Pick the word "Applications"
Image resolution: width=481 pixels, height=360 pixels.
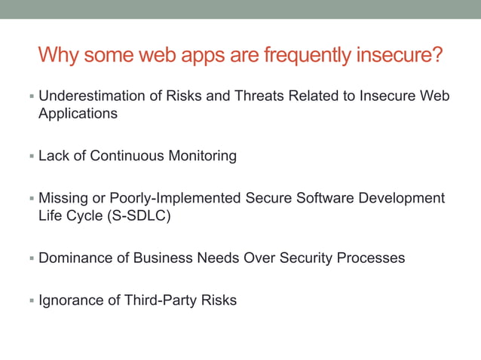[x=78, y=114]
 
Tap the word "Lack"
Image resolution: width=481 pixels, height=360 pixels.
[x=54, y=156]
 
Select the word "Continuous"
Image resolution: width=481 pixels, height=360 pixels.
[x=130, y=156]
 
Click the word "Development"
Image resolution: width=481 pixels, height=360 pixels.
[x=399, y=198]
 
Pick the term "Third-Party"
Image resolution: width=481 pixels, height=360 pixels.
[x=164, y=301]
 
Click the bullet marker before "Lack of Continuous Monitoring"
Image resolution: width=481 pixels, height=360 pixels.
[x=31, y=157]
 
